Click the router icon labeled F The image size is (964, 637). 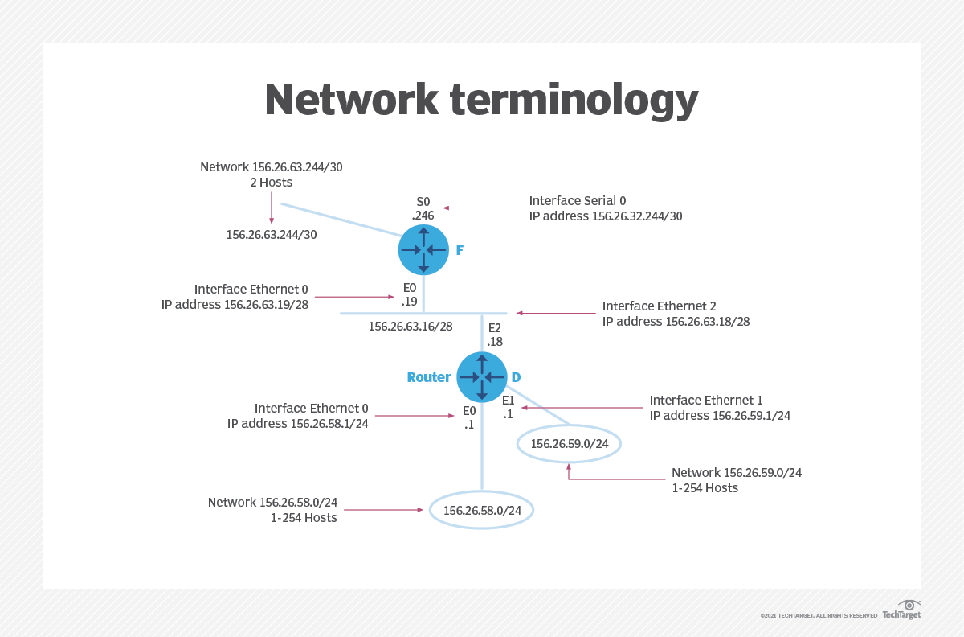coord(423,249)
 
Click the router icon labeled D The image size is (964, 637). coord(482,377)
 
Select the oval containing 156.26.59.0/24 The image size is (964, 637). coord(570,443)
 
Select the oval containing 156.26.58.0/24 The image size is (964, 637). coord(482,510)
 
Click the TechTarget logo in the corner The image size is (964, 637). coord(901,610)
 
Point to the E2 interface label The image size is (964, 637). coord(494,327)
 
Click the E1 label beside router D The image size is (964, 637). coord(508,401)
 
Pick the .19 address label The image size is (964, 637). coord(410,302)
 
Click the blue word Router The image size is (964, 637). coord(429,377)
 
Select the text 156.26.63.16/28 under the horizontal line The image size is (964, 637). coord(411,327)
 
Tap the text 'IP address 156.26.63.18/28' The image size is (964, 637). coord(676,321)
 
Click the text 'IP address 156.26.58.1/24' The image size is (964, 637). coord(298,423)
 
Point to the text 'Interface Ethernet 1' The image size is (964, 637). coord(706,400)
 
